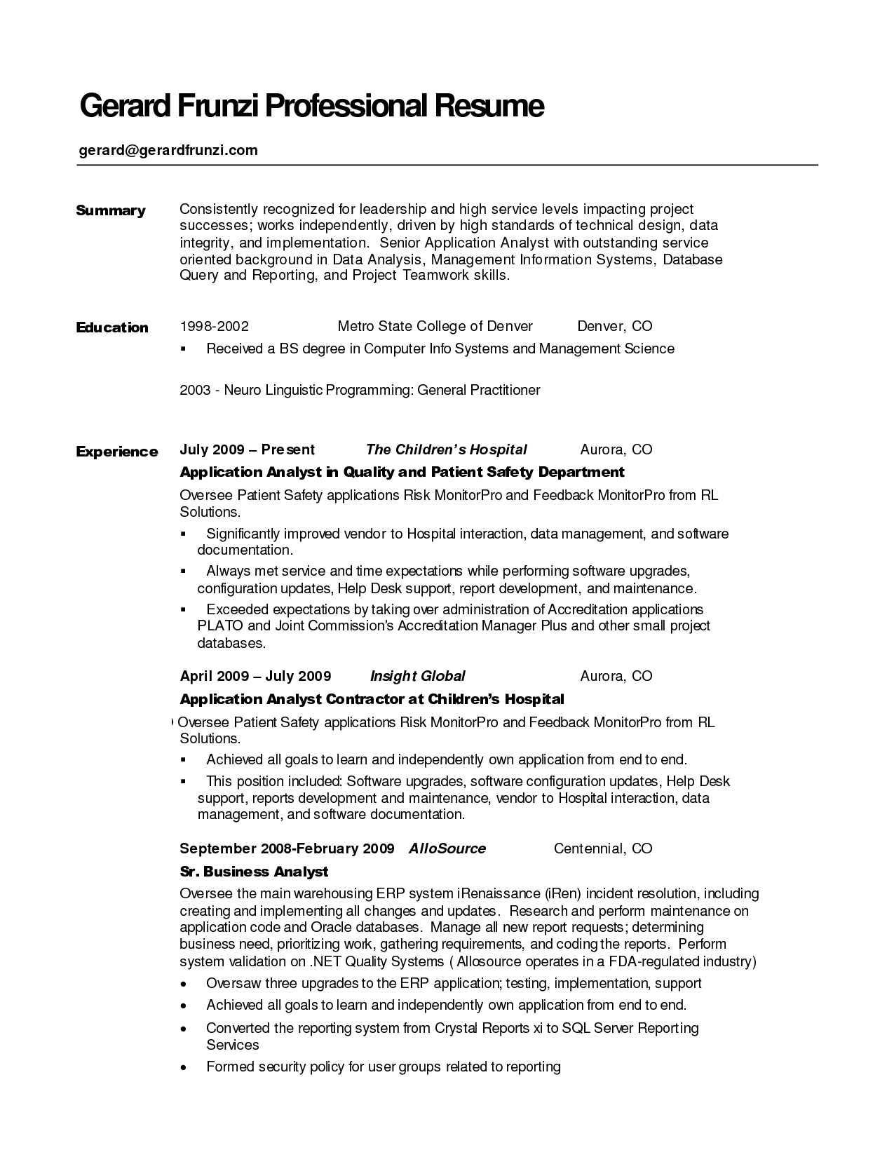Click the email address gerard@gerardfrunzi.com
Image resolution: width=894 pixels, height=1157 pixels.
[168, 150]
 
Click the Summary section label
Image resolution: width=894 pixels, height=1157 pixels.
[111, 210]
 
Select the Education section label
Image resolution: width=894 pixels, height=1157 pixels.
[112, 327]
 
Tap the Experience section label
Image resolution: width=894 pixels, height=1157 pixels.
[117, 452]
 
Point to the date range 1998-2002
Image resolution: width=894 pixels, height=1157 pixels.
[215, 326]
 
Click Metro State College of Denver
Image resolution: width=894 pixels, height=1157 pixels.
[435, 326]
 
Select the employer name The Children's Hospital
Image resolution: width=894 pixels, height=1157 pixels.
[446, 449]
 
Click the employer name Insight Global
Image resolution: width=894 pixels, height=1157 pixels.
[417, 676]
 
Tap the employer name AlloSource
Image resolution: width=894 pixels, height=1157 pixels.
[447, 848]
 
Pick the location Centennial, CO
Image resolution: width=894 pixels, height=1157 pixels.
[603, 848]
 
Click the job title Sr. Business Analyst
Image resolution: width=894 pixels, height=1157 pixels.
[254, 872]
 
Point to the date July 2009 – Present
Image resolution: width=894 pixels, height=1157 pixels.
[248, 449]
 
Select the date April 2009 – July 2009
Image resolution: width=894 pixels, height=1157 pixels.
[255, 676]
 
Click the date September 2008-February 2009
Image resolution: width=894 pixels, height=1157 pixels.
[287, 848]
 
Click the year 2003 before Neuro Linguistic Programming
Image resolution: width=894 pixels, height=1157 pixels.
[195, 390]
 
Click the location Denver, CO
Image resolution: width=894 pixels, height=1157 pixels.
[614, 326]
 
